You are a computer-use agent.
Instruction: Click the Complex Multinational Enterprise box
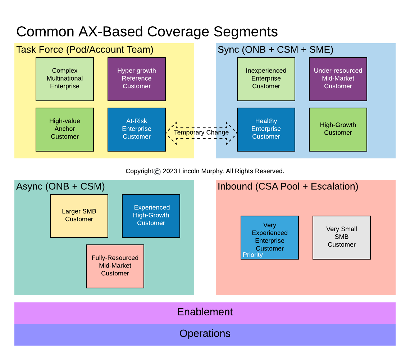point(65,79)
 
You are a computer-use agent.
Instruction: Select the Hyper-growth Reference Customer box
point(137,79)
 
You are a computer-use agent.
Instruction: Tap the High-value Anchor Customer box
point(65,129)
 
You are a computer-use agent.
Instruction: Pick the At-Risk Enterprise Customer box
point(137,129)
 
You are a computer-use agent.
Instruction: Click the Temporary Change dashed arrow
point(201,133)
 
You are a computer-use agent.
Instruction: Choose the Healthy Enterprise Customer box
point(266,129)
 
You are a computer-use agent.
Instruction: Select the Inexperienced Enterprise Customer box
point(266,79)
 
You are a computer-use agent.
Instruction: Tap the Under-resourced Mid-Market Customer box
point(338,79)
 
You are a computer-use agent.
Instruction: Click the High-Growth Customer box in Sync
point(338,129)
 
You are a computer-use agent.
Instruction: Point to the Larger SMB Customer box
point(79,216)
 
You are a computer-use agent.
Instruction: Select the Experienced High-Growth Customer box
point(151,216)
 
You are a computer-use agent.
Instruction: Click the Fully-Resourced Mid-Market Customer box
point(115,266)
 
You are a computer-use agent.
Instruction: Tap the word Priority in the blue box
point(252,255)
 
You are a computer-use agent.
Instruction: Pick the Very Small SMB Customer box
point(342,237)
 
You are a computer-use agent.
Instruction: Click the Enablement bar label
point(205,312)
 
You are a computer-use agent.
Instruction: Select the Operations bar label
point(205,334)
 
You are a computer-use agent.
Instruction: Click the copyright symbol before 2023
point(157,172)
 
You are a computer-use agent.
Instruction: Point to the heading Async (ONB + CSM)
point(60,186)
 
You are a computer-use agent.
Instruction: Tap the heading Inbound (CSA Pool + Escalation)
point(288,186)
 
